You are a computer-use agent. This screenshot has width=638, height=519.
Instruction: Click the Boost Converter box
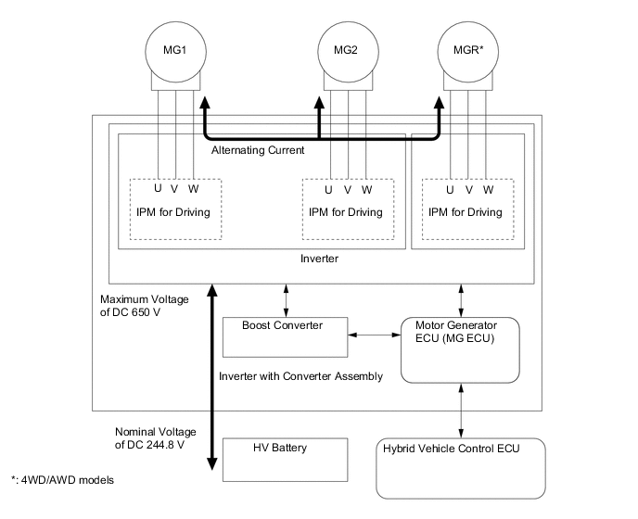point(286,336)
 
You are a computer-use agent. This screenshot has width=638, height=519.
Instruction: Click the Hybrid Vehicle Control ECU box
point(461,467)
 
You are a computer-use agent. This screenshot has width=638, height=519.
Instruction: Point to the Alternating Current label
point(258,149)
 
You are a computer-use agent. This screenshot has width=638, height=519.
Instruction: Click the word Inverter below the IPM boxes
point(320,259)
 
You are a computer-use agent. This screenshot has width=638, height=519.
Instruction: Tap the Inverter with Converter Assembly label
point(300,376)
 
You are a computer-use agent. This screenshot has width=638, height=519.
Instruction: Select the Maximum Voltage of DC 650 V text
point(144,306)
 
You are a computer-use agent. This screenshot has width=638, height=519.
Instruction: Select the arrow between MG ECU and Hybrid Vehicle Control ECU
point(461,409)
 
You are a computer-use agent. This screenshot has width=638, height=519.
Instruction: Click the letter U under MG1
point(158,189)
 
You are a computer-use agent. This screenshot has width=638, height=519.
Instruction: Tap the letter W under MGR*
point(488,189)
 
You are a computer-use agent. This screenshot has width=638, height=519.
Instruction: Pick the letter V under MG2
point(348,189)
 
